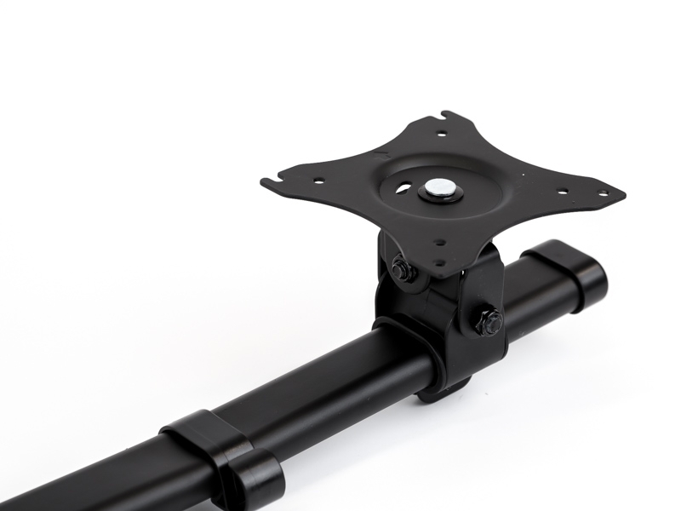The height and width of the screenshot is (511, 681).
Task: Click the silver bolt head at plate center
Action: [x=441, y=188]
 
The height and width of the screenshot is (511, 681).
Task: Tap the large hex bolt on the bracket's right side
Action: [x=489, y=322]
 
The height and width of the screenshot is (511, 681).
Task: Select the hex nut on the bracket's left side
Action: [x=401, y=271]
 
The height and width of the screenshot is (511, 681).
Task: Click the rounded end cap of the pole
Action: [x=586, y=279]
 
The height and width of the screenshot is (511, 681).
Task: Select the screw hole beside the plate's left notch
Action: [x=318, y=181]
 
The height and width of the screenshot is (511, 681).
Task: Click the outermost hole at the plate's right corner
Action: [x=604, y=193]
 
